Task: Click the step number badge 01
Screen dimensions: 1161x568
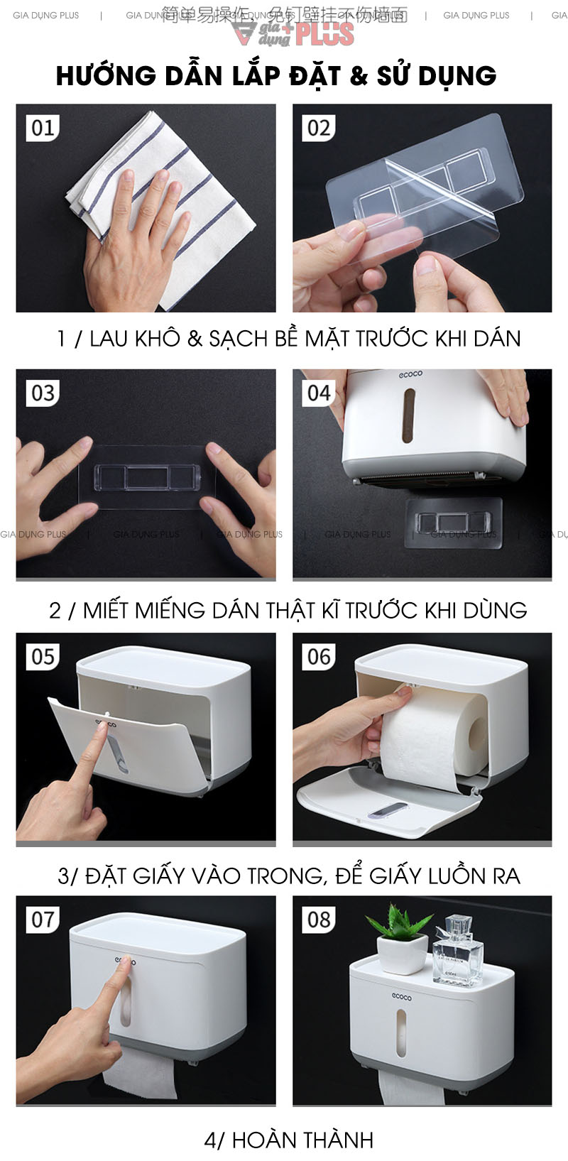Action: [x=43, y=128]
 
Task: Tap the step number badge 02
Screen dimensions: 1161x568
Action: [x=319, y=128]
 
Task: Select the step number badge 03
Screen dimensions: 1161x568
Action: [x=43, y=393]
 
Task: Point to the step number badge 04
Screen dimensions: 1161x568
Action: [x=319, y=393]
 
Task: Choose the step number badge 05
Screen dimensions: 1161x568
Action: [x=43, y=657]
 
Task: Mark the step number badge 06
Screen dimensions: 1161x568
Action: [x=319, y=657]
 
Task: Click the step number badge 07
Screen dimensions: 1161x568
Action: [x=43, y=920]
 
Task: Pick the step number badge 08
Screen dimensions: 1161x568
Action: [x=319, y=920]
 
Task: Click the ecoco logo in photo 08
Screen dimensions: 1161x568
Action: [x=401, y=998]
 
